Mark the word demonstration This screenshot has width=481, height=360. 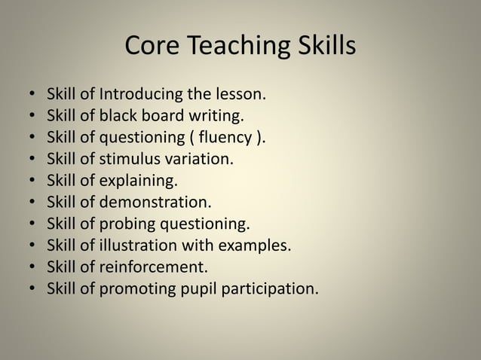(x=158, y=203)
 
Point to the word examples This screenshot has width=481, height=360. (x=257, y=246)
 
